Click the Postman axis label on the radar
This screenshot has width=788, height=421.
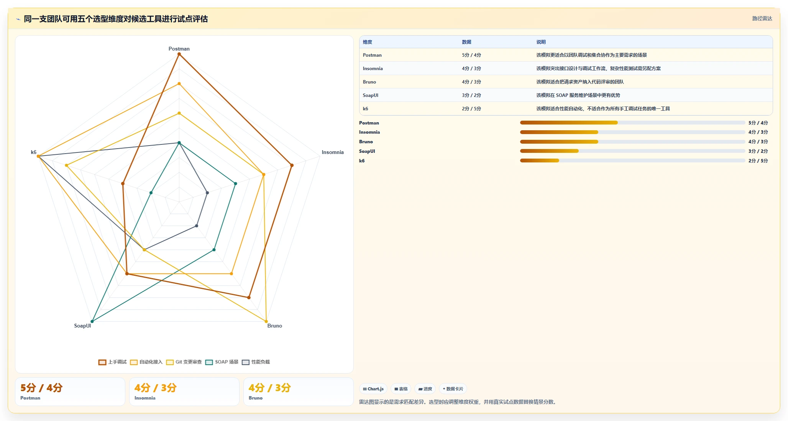[179, 49]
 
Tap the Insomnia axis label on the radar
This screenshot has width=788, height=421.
[333, 152]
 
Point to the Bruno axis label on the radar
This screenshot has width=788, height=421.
[274, 326]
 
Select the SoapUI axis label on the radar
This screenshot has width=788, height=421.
[82, 326]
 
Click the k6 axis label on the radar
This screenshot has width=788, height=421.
[34, 152]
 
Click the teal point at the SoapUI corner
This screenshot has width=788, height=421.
[92, 321]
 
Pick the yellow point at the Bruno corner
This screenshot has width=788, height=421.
[266, 321]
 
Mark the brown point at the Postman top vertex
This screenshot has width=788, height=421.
[179, 54]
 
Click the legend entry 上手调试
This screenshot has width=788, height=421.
[112, 362]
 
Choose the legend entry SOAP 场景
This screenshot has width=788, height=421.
[222, 362]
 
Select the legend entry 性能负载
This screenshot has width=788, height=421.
[256, 362]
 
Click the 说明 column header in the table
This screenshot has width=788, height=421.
[541, 42]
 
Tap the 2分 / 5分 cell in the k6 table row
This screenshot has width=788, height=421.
[471, 109]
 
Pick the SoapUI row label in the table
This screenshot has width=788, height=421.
[371, 95]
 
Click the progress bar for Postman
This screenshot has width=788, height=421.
[632, 123]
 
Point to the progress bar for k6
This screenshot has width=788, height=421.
[632, 161]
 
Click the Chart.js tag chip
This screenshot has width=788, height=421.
[373, 389]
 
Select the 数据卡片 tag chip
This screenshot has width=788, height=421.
[453, 389]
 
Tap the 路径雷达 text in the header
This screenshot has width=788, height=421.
[762, 18]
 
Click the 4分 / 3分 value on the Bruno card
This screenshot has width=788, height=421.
[270, 388]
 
